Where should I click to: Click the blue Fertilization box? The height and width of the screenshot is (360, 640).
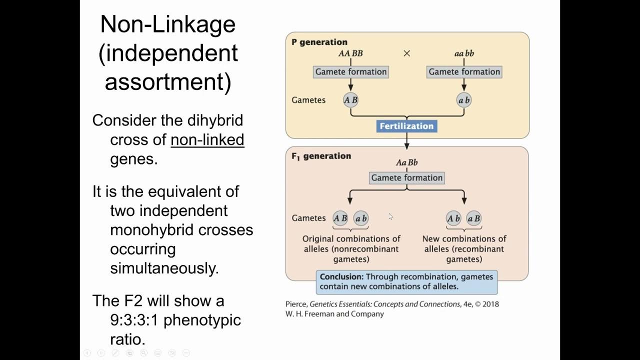[x=406, y=126]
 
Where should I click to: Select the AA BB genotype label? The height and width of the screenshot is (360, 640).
[x=350, y=53]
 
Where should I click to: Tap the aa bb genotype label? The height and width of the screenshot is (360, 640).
[x=464, y=53]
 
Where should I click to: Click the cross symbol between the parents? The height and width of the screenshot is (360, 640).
[x=406, y=53]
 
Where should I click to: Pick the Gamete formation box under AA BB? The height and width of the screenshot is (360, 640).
[x=350, y=71]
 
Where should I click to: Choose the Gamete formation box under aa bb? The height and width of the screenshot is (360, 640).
[x=464, y=71]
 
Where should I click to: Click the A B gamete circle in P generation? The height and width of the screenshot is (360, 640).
[x=350, y=100]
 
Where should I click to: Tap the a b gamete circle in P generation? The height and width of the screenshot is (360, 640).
[x=464, y=100]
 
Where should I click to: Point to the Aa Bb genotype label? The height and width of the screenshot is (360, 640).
[x=406, y=162]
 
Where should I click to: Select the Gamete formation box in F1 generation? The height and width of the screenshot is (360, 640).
[x=406, y=177]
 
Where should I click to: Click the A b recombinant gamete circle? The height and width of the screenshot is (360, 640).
[x=453, y=218]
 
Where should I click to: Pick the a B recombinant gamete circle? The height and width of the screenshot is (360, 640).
[x=473, y=218]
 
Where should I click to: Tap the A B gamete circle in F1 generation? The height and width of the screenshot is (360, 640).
[x=340, y=218]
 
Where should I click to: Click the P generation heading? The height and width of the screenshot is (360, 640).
[x=319, y=42]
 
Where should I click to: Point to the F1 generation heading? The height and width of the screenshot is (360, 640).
[x=321, y=156]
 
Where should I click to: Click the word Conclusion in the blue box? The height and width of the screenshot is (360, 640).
[x=341, y=276]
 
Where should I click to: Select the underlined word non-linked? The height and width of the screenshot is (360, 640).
[x=207, y=139]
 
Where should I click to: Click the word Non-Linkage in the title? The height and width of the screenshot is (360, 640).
[x=167, y=24]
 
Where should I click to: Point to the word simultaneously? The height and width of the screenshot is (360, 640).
[x=164, y=268]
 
